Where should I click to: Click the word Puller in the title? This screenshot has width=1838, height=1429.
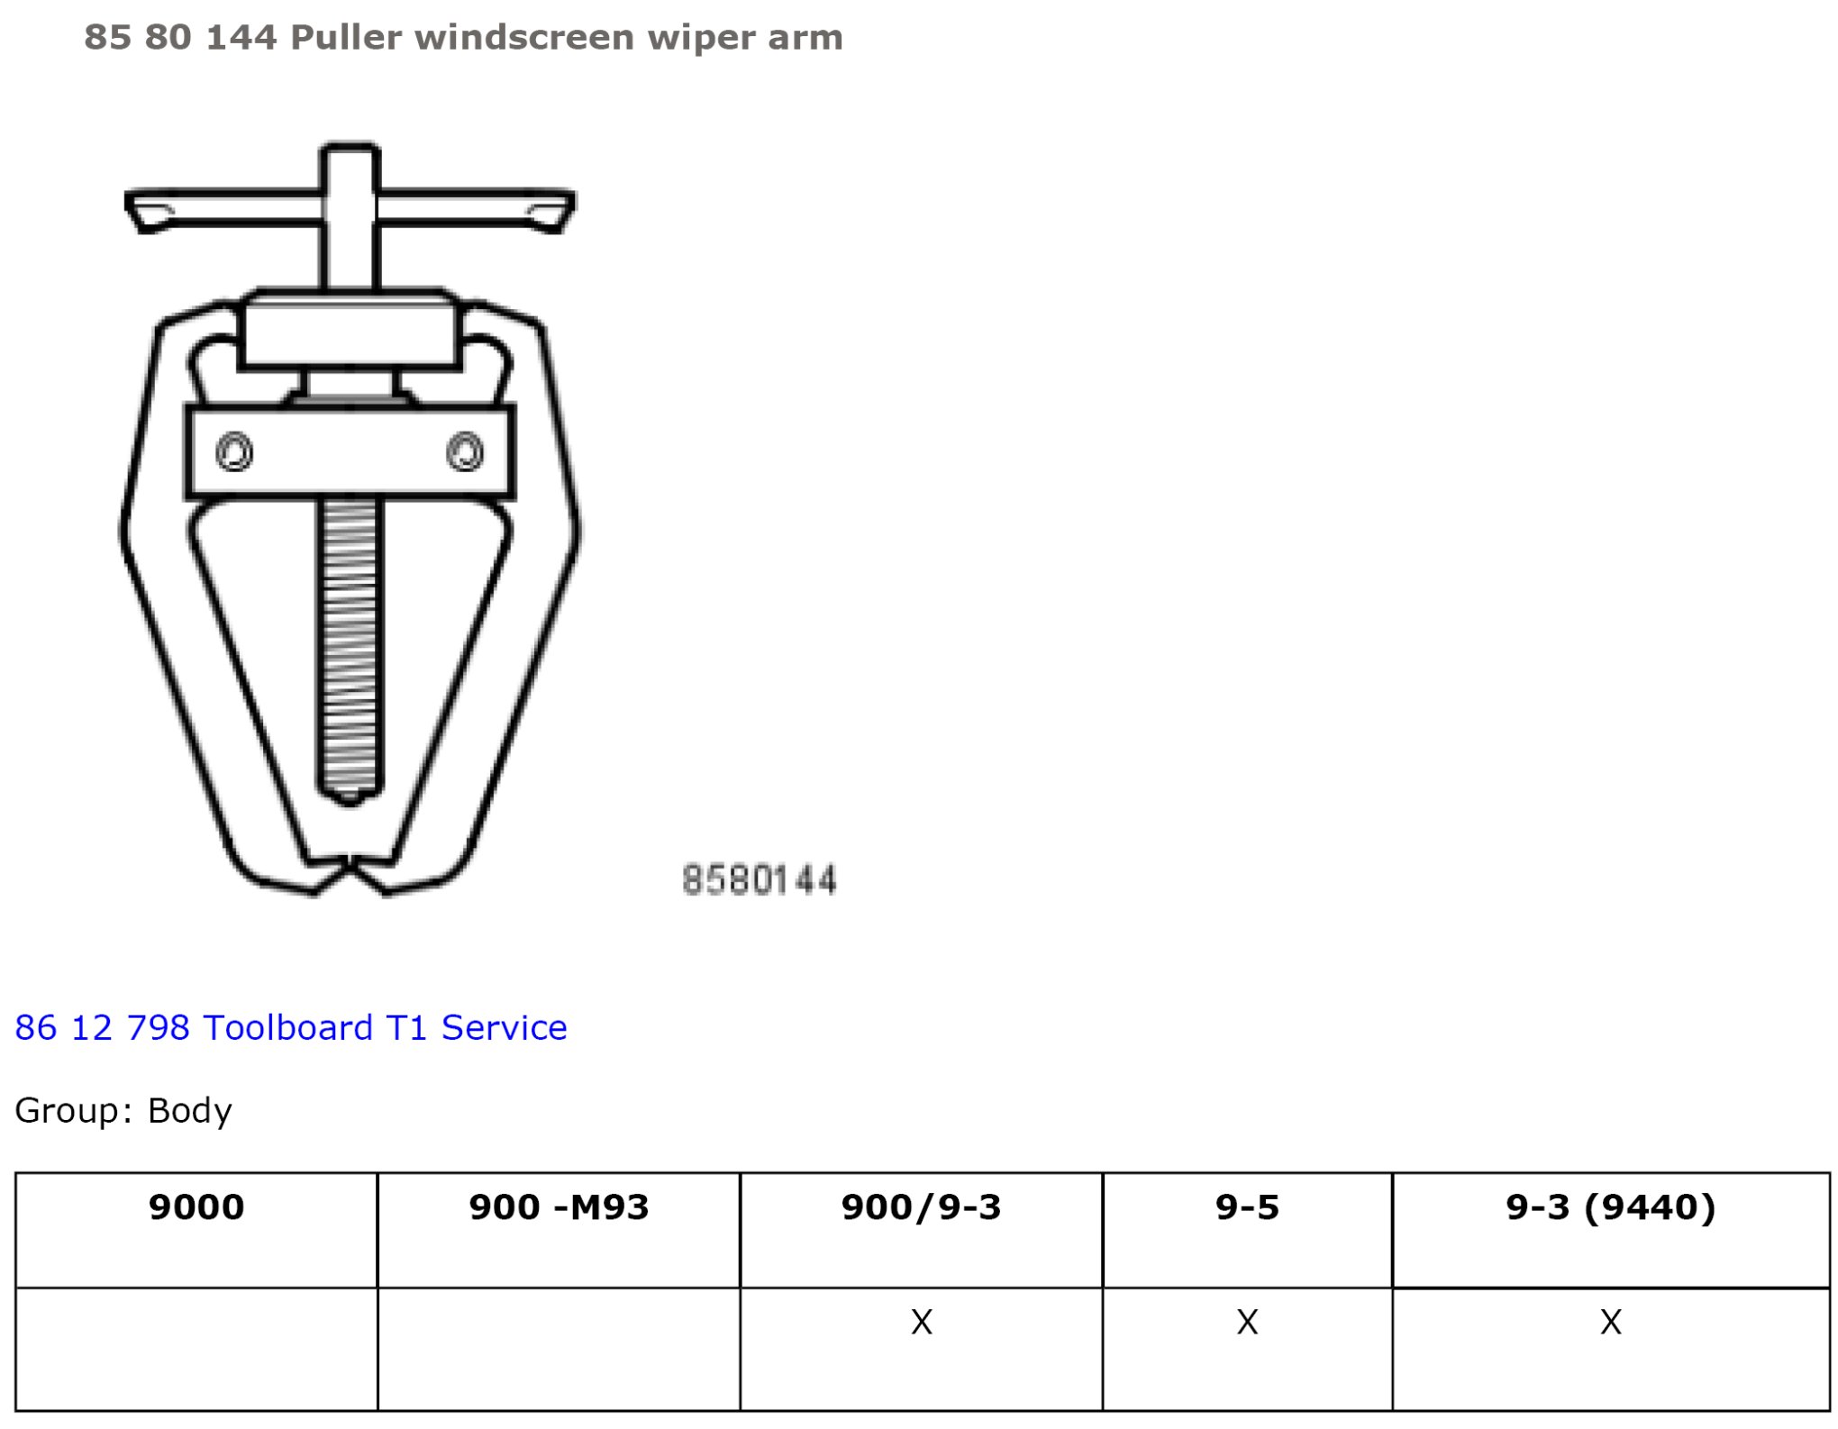pyautogui.click(x=346, y=37)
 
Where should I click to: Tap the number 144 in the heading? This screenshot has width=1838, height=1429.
pyautogui.click(x=241, y=37)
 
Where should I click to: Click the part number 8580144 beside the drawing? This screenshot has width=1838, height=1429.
pyautogui.click(x=760, y=879)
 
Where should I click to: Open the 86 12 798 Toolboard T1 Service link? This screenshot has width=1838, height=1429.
pyautogui.click(x=291, y=1027)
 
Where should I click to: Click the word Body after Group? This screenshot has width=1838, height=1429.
pyautogui.click(x=190, y=1111)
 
